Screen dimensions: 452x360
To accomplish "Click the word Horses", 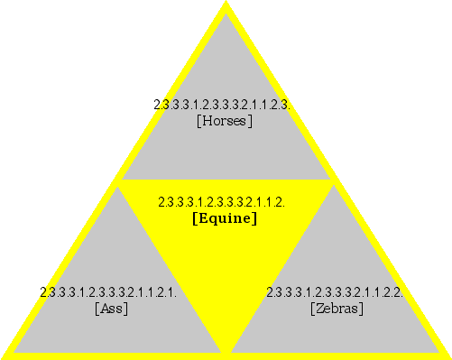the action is [224, 120].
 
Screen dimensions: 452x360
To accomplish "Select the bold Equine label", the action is [225, 218].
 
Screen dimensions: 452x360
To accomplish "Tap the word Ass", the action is [111, 309].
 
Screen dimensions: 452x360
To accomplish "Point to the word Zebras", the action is [337, 309].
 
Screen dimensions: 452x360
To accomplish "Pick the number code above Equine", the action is [221, 202].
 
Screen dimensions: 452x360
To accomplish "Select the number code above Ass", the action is [107, 292].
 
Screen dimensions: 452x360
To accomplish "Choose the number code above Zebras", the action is [334, 292].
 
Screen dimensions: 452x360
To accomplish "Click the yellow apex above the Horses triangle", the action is [226, 8].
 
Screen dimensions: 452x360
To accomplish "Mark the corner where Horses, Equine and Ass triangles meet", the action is [117, 181].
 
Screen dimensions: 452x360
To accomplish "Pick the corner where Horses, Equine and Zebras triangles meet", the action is [334, 181].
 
